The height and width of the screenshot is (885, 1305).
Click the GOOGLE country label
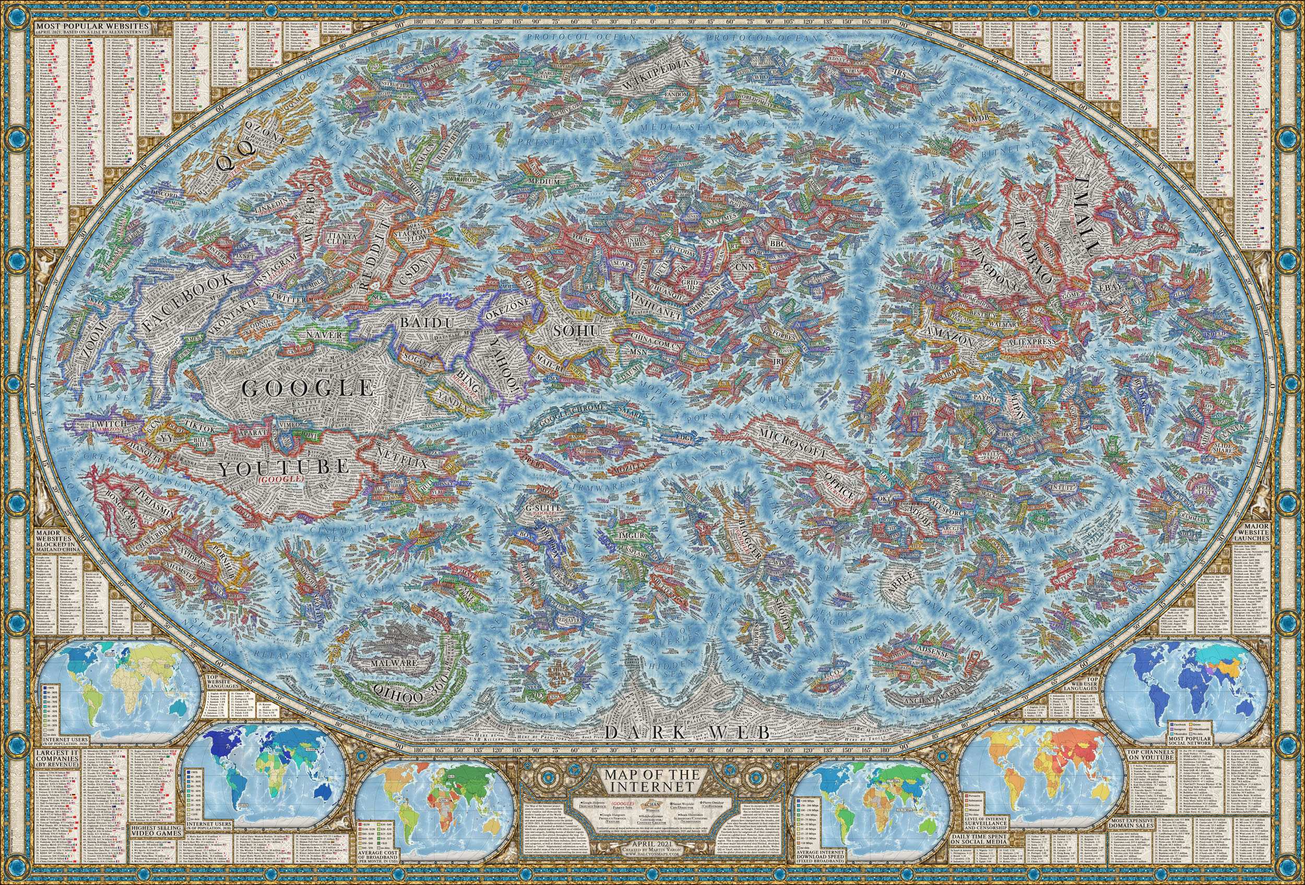[x=309, y=388]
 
